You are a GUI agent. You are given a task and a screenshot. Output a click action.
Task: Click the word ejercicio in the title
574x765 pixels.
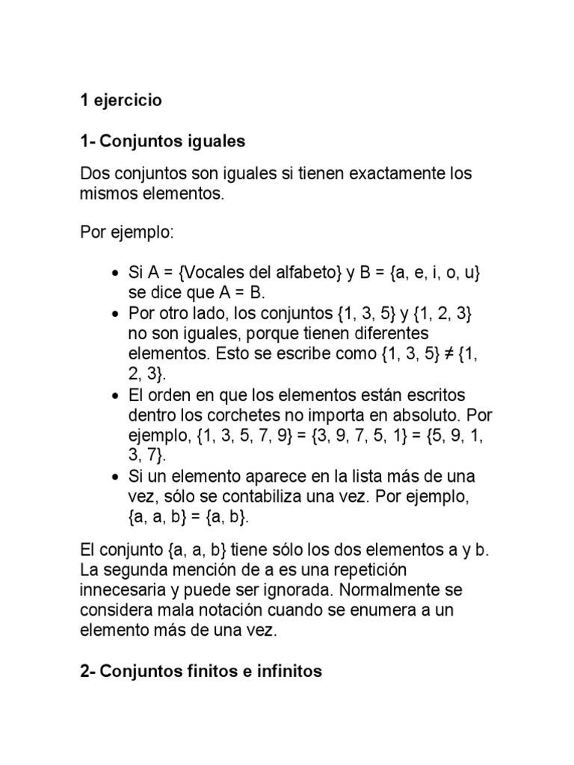coord(126,101)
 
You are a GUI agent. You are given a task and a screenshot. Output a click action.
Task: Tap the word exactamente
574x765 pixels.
coord(380,175)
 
